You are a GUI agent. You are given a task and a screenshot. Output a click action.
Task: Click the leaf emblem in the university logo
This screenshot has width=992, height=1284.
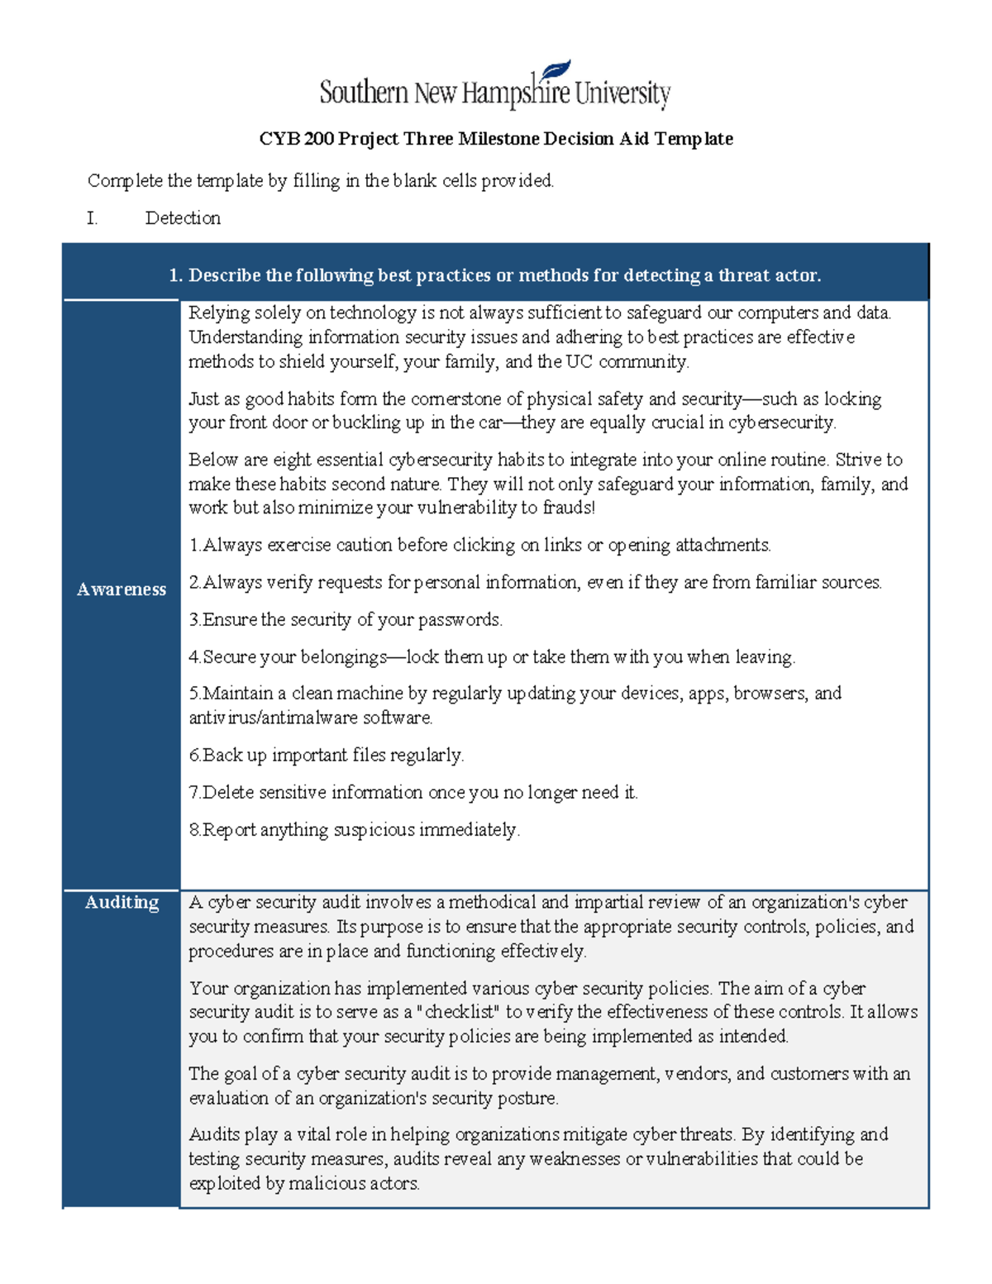(x=556, y=72)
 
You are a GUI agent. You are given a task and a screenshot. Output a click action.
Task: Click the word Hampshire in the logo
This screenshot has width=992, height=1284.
(x=516, y=93)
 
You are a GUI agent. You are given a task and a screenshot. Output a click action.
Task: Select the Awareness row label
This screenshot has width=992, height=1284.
(x=122, y=589)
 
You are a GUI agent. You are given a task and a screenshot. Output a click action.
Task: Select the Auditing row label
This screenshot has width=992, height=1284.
(x=122, y=902)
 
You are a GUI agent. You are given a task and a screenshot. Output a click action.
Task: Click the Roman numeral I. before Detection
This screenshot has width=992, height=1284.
(x=92, y=218)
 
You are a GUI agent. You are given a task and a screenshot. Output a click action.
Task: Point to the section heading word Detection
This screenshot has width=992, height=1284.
(x=183, y=218)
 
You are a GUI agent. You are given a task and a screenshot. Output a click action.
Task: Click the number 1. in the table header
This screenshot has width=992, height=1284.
(x=174, y=275)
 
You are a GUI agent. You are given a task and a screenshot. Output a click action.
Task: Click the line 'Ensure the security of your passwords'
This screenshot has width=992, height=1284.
(x=346, y=619)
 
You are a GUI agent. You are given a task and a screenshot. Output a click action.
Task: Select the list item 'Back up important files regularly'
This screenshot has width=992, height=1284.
(x=327, y=755)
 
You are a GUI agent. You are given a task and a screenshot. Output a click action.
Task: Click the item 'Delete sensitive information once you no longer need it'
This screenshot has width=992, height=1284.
(x=413, y=792)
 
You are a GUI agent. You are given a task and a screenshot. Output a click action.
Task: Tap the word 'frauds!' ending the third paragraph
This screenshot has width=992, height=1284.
(x=569, y=508)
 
